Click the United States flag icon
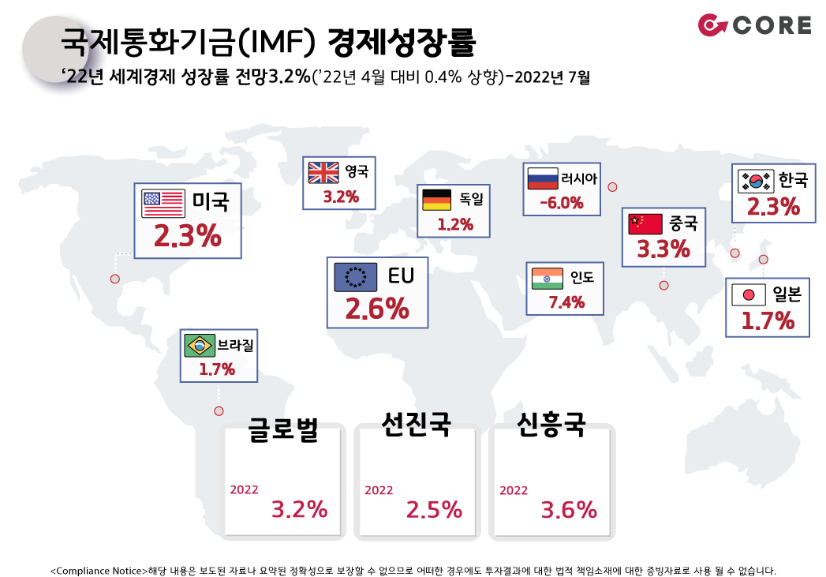[163, 204]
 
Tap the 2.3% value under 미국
[188, 235]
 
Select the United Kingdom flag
[323, 172]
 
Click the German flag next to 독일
[437, 200]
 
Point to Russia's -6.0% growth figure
[562, 203]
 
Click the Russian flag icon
[543, 178]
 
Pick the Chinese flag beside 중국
[645, 224]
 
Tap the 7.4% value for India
[566, 302]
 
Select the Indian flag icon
[548, 279]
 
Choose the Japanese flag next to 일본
[749, 295]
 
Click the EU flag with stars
[356, 276]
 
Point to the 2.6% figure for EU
[377, 309]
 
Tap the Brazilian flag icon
[200, 346]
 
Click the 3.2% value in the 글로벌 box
[299, 510]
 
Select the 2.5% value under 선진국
[434, 510]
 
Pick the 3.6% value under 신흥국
[569, 510]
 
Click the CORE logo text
[772, 25]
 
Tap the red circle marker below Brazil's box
[219, 411]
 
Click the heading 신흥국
[551, 425]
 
